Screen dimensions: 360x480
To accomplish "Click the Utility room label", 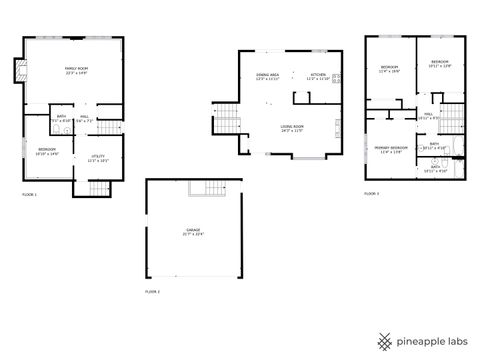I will [x=99, y=158].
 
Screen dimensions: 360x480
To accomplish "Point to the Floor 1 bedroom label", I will [x=47, y=152].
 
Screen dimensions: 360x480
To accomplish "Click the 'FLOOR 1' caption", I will [x=29, y=194].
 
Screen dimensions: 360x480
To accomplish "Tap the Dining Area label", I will [x=268, y=76].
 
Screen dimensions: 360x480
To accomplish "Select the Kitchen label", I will [x=318, y=76].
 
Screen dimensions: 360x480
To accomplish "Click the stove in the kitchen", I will [x=337, y=78].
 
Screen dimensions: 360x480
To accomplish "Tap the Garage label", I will [x=193, y=232].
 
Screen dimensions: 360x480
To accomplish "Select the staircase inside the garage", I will [x=209, y=191].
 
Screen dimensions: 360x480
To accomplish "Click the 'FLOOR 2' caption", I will [x=153, y=290].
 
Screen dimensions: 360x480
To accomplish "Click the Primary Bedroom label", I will [x=391, y=148].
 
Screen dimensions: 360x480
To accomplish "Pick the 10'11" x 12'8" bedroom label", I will [x=439, y=64].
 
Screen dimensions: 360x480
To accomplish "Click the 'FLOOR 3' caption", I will [x=371, y=193].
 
